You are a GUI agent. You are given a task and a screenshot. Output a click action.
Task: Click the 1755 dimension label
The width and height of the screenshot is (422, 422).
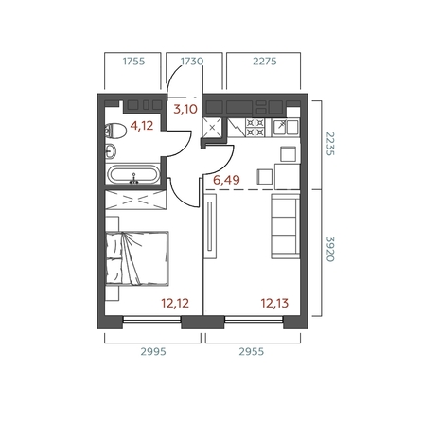point(133,62)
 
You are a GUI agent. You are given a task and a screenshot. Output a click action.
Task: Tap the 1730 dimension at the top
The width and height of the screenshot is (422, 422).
point(192,62)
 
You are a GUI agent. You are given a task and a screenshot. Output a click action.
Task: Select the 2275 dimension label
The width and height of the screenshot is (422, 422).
point(264,62)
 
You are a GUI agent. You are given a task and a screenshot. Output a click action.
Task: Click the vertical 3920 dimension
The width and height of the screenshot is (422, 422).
point(330,248)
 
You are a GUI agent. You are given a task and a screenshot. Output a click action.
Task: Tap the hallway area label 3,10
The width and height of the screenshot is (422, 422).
point(185,110)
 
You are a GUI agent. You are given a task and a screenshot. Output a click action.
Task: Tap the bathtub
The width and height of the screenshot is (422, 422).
point(135,175)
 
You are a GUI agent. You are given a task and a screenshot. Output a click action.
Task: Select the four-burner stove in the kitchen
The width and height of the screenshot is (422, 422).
point(256,127)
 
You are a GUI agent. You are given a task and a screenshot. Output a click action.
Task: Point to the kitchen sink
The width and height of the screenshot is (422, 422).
point(285,127)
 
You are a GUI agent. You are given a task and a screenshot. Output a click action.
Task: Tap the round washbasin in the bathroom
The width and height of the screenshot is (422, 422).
point(112,150)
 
